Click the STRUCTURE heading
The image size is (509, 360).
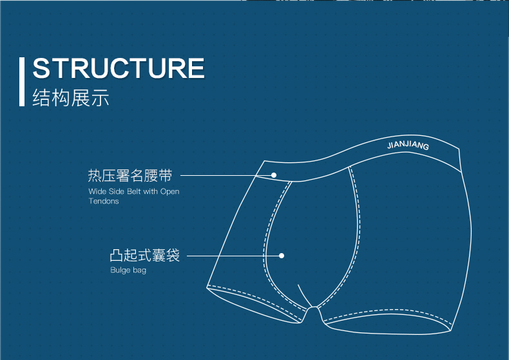pos(119,68)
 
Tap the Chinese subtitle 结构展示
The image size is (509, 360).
pos(70,97)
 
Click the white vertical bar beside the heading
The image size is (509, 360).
pos(22,82)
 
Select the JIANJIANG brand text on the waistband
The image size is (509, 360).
pos(408,145)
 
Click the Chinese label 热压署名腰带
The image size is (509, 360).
pos(130,175)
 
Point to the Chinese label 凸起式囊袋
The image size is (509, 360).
pos(145,255)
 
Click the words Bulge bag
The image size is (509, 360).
pos(128,270)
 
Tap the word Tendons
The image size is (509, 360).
pos(104,201)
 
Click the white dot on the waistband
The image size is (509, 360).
pos(274,175)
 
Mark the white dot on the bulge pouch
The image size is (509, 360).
pos(282,256)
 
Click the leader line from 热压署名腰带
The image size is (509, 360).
pos(226,175)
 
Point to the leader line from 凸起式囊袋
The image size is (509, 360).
pos(233,256)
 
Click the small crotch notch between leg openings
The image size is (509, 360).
pos(313,308)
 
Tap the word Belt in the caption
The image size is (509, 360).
pos(134,191)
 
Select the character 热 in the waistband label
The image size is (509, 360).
pos(95,175)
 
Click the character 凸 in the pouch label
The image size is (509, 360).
pos(116,255)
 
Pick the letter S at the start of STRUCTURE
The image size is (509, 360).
pos(40,68)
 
